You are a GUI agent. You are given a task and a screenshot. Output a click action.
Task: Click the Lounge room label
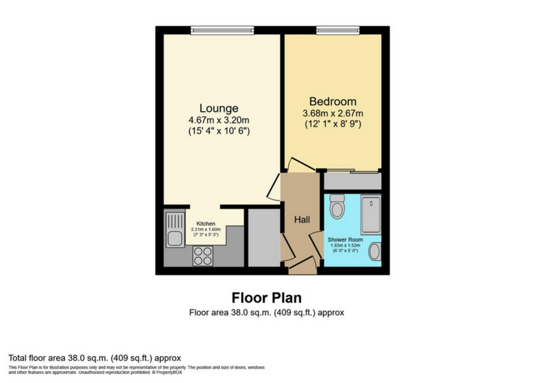[219, 108]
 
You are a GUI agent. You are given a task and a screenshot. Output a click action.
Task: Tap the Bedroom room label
[332, 101]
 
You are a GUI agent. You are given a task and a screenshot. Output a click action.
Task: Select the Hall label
[302, 220]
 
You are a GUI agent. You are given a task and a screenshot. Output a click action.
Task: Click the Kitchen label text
[206, 224]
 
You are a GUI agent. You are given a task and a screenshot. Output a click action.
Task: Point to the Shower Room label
[345, 239]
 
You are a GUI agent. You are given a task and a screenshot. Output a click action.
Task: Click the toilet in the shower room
[337, 206]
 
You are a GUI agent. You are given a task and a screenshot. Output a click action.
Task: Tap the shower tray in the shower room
[371, 214]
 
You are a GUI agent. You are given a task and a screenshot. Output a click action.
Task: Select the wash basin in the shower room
[374, 251]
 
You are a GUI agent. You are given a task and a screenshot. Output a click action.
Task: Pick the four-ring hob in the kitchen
[203, 256]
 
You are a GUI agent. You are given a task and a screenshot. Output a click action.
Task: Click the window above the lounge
[222, 30]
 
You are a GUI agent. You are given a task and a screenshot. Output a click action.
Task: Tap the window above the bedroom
[338, 30]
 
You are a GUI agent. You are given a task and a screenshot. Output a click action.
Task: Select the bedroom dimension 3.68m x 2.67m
[332, 113]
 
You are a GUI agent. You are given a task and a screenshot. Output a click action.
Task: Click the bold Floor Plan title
[267, 298]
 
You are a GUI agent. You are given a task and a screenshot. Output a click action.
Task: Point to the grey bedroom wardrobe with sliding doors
[352, 182]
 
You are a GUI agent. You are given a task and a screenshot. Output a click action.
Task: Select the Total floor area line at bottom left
[94, 358]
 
